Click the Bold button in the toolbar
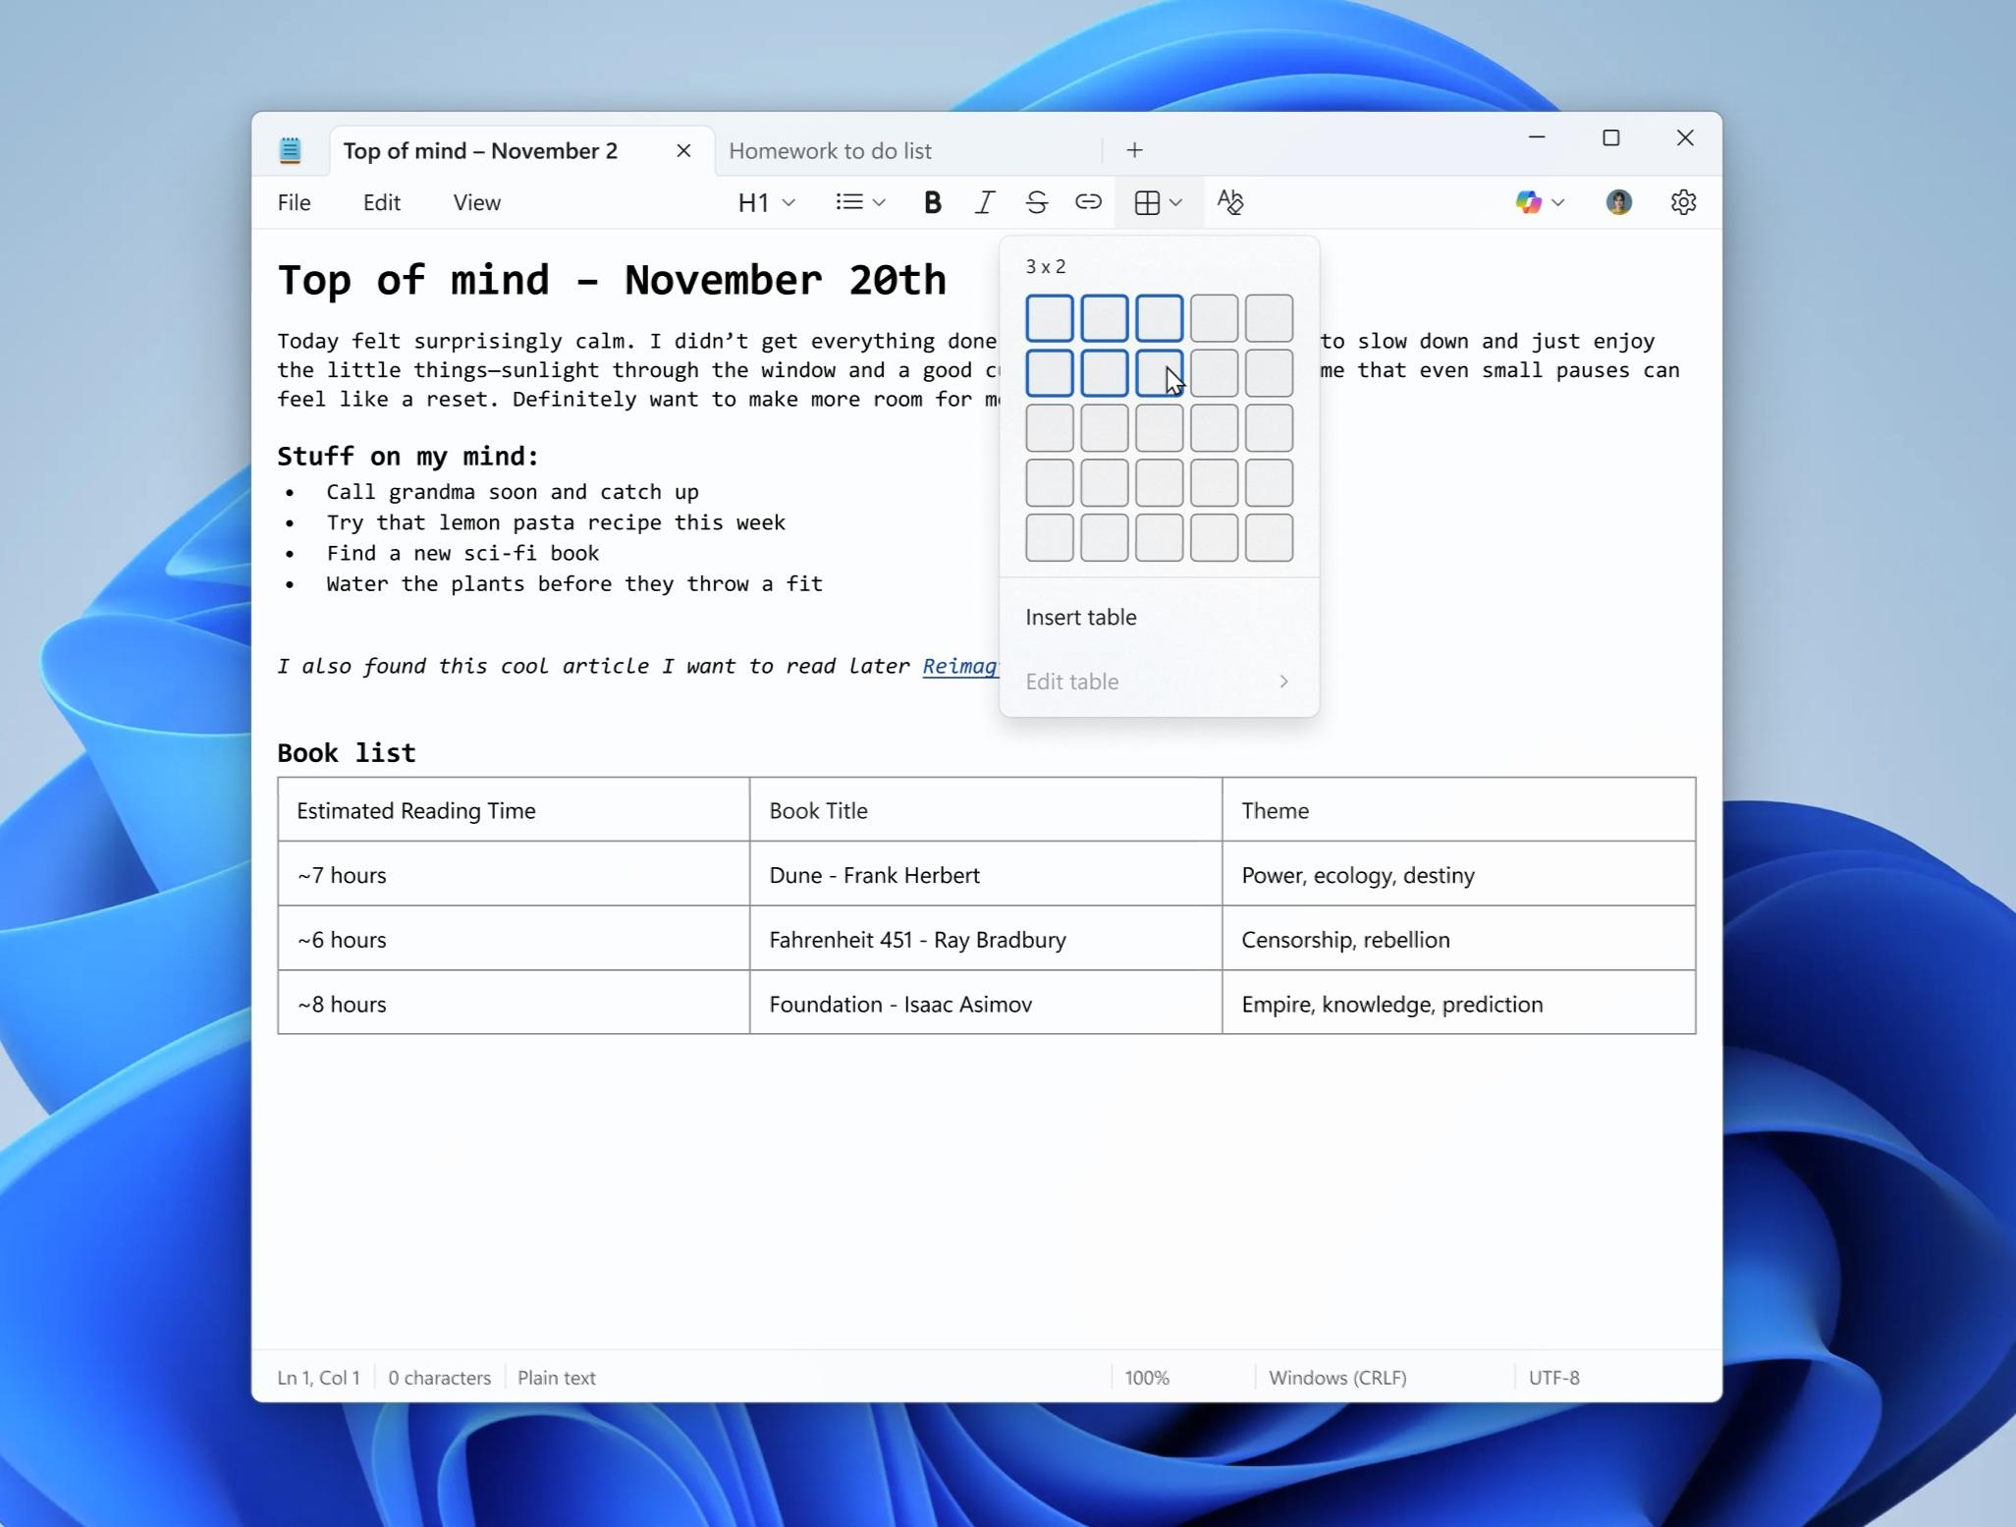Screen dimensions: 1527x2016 tap(932, 202)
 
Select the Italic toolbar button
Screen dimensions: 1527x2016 tap(984, 202)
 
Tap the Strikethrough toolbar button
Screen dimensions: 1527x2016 tap(1036, 202)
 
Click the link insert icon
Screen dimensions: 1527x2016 tap(1088, 202)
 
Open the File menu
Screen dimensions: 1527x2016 tap(294, 202)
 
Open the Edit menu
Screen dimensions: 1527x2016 tap(381, 202)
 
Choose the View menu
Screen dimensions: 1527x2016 tap(476, 202)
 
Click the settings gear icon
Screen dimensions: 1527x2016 tap(1683, 202)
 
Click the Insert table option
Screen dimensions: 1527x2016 tap(1080, 617)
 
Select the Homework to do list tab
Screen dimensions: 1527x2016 tap(830, 151)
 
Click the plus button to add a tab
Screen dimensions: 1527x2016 tap(1134, 150)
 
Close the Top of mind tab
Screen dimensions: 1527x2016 tap(683, 150)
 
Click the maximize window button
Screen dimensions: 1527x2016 tap(1610, 138)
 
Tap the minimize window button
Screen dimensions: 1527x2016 tap(1537, 138)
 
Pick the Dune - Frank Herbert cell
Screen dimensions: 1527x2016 tap(874, 875)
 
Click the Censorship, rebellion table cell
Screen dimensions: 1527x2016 tap(1344, 940)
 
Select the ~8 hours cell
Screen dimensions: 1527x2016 tap(342, 1005)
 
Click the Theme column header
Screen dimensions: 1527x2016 tap(1275, 811)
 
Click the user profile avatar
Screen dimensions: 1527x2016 tap(1618, 202)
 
